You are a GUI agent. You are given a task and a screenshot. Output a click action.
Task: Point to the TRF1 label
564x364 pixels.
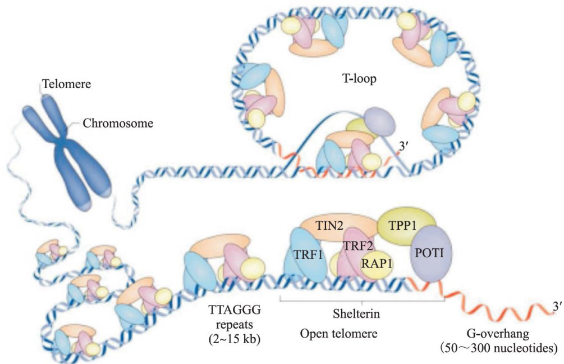(306, 255)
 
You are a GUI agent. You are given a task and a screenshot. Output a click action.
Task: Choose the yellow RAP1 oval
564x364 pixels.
(377, 263)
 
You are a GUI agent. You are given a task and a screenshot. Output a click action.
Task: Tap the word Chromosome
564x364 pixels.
(118, 122)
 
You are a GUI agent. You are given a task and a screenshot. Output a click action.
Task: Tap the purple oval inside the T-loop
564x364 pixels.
(375, 120)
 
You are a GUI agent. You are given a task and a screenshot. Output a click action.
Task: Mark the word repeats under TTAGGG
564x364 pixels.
(228, 324)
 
